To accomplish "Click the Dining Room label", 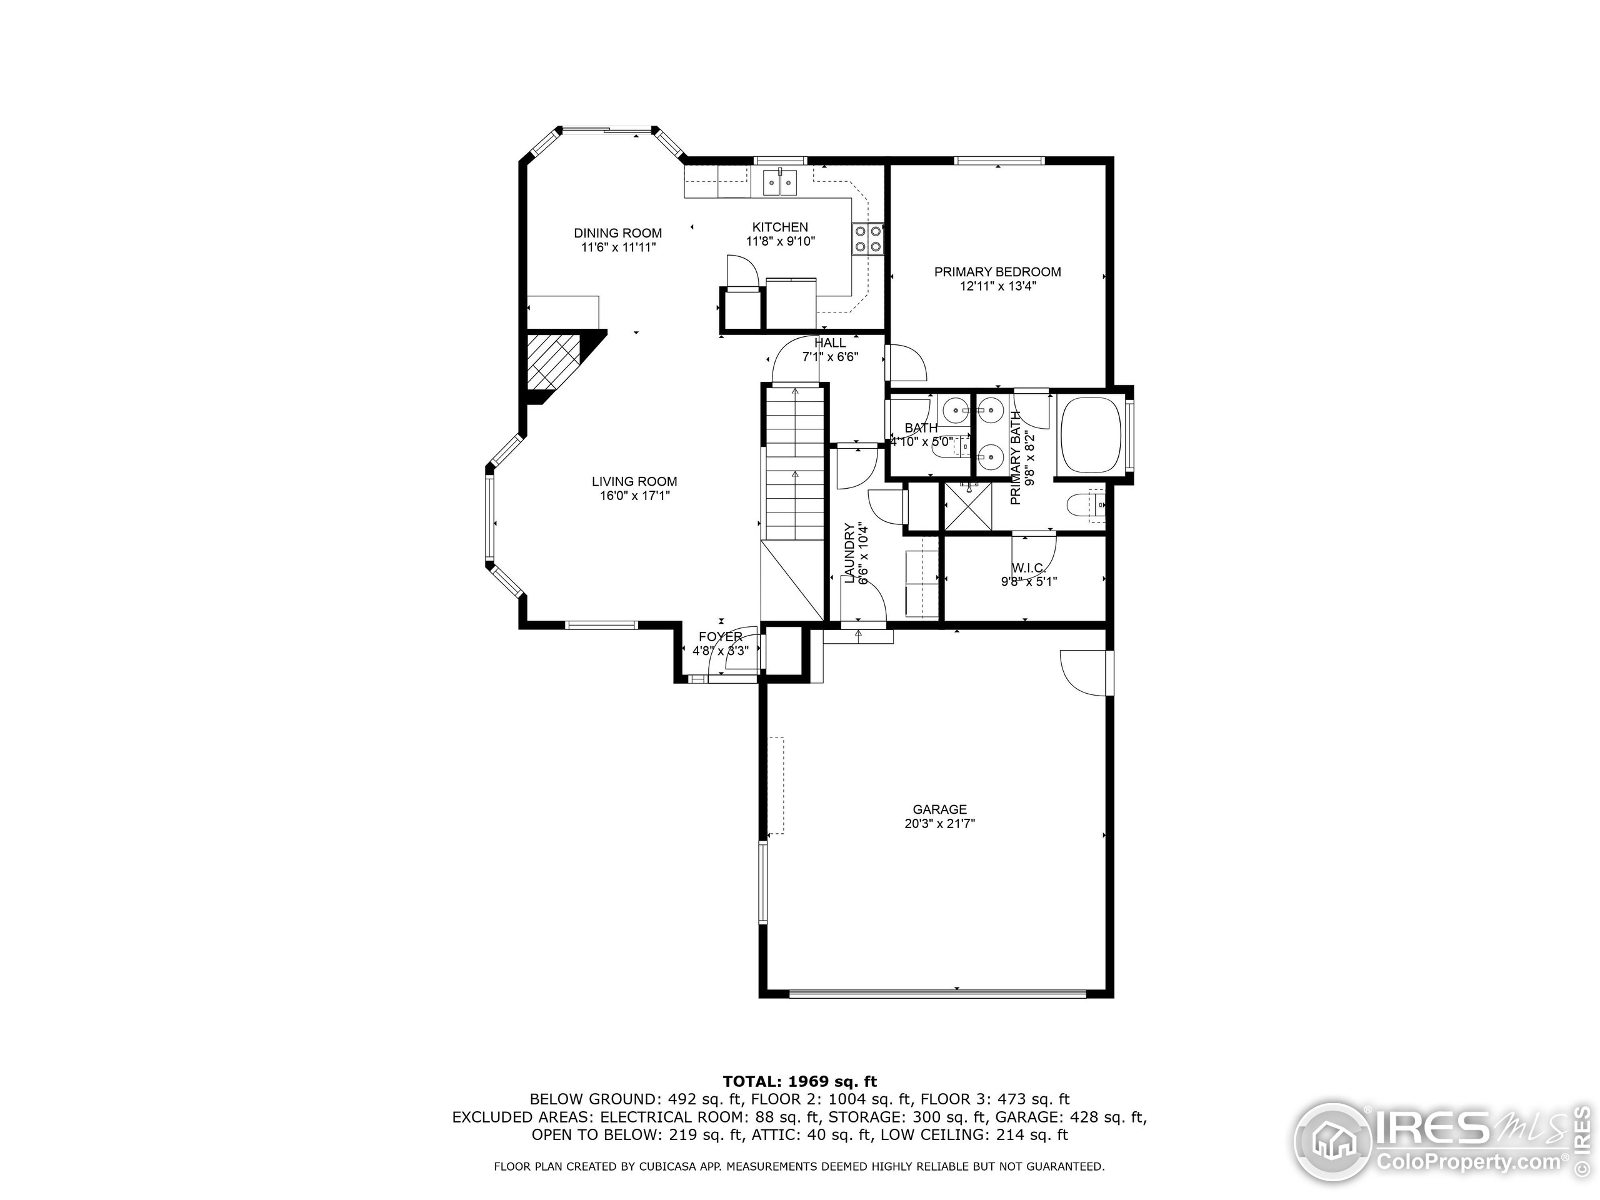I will click(x=617, y=233).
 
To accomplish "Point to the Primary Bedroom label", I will click(x=997, y=272).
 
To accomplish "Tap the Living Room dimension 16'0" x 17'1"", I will click(x=634, y=496).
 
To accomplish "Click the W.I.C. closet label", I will click(x=1028, y=569).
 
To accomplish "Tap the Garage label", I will click(x=939, y=809).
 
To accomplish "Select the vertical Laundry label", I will click(x=850, y=553).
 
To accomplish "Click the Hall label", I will click(x=829, y=344).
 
